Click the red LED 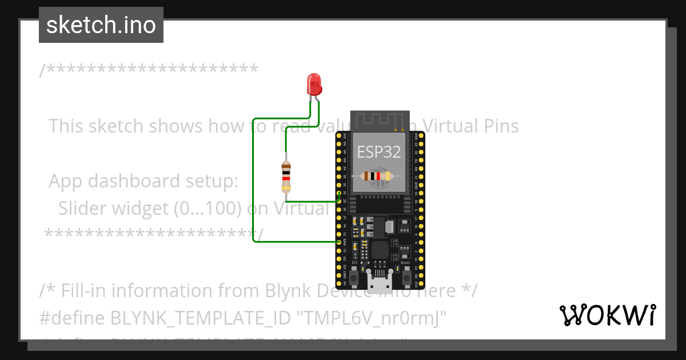tap(314, 85)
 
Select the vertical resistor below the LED tap(286, 177)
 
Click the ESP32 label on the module tap(379, 151)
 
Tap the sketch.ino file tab tap(101, 25)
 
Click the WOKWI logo tap(607, 315)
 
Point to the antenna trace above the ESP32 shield tap(380, 121)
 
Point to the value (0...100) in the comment tap(207, 208)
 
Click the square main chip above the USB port tap(380, 250)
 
